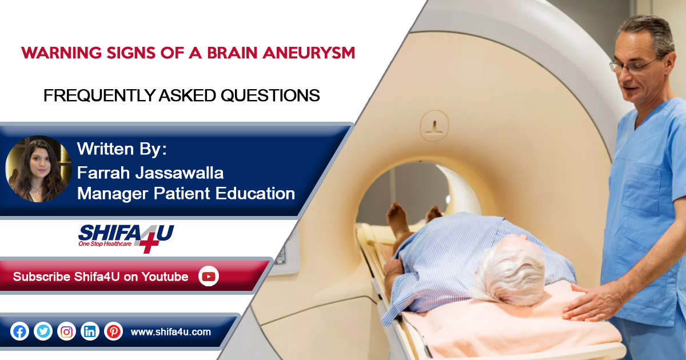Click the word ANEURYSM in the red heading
coord(309,53)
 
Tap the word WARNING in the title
coord(61,53)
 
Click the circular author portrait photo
coord(39,169)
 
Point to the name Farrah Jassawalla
coord(150,173)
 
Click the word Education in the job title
coord(255,194)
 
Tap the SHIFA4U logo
coord(126,238)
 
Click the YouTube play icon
coord(209,277)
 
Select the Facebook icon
coord(19,331)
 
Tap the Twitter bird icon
coord(43,331)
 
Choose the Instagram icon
coord(66,331)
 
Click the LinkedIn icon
coord(90,331)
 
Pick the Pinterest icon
coord(113,331)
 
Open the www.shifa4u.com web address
coord(170,332)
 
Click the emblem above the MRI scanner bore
coord(434,126)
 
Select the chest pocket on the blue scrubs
coord(641,187)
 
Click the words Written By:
coord(122,149)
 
